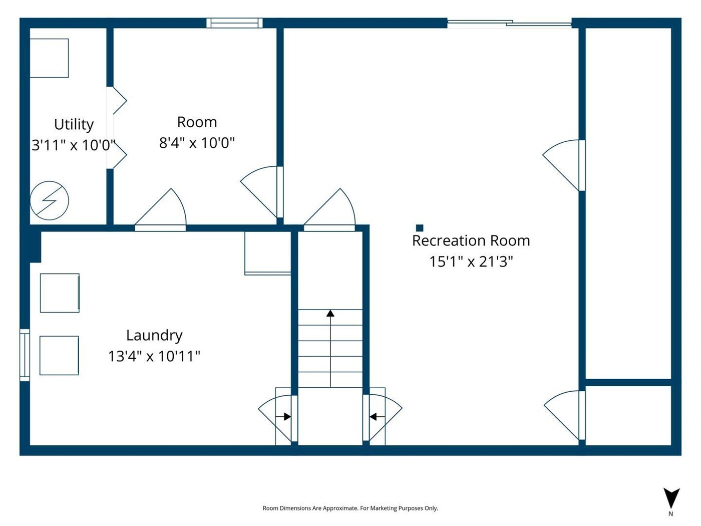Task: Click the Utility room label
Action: tap(74, 125)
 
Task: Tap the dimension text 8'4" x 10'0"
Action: tap(197, 143)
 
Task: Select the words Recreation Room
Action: tap(471, 240)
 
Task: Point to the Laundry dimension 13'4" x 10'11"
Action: tap(154, 356)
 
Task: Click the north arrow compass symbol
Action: tap(671, 498)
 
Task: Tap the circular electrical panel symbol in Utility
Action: tap(49, 200)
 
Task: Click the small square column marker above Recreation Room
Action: tap(420, 228)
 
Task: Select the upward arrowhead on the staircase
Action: tap(330, 313)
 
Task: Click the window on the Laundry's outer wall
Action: tap(25, 355)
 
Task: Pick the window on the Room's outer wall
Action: tap(234, 23)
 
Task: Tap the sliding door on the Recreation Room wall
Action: tap(509, 24)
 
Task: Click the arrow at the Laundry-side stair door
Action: tap(283, 417)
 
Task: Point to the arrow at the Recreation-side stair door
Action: tap(377, 417)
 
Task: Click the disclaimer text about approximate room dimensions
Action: tap(350, 508)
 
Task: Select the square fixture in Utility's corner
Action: tap(49, 58)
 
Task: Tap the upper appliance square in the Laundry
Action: tap(60, 293)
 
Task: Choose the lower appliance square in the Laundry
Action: tap(59, 356)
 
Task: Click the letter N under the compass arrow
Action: tap(670, 514)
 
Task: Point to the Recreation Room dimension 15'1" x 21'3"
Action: tap(471, 261)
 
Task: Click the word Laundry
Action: tap(154, 336)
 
